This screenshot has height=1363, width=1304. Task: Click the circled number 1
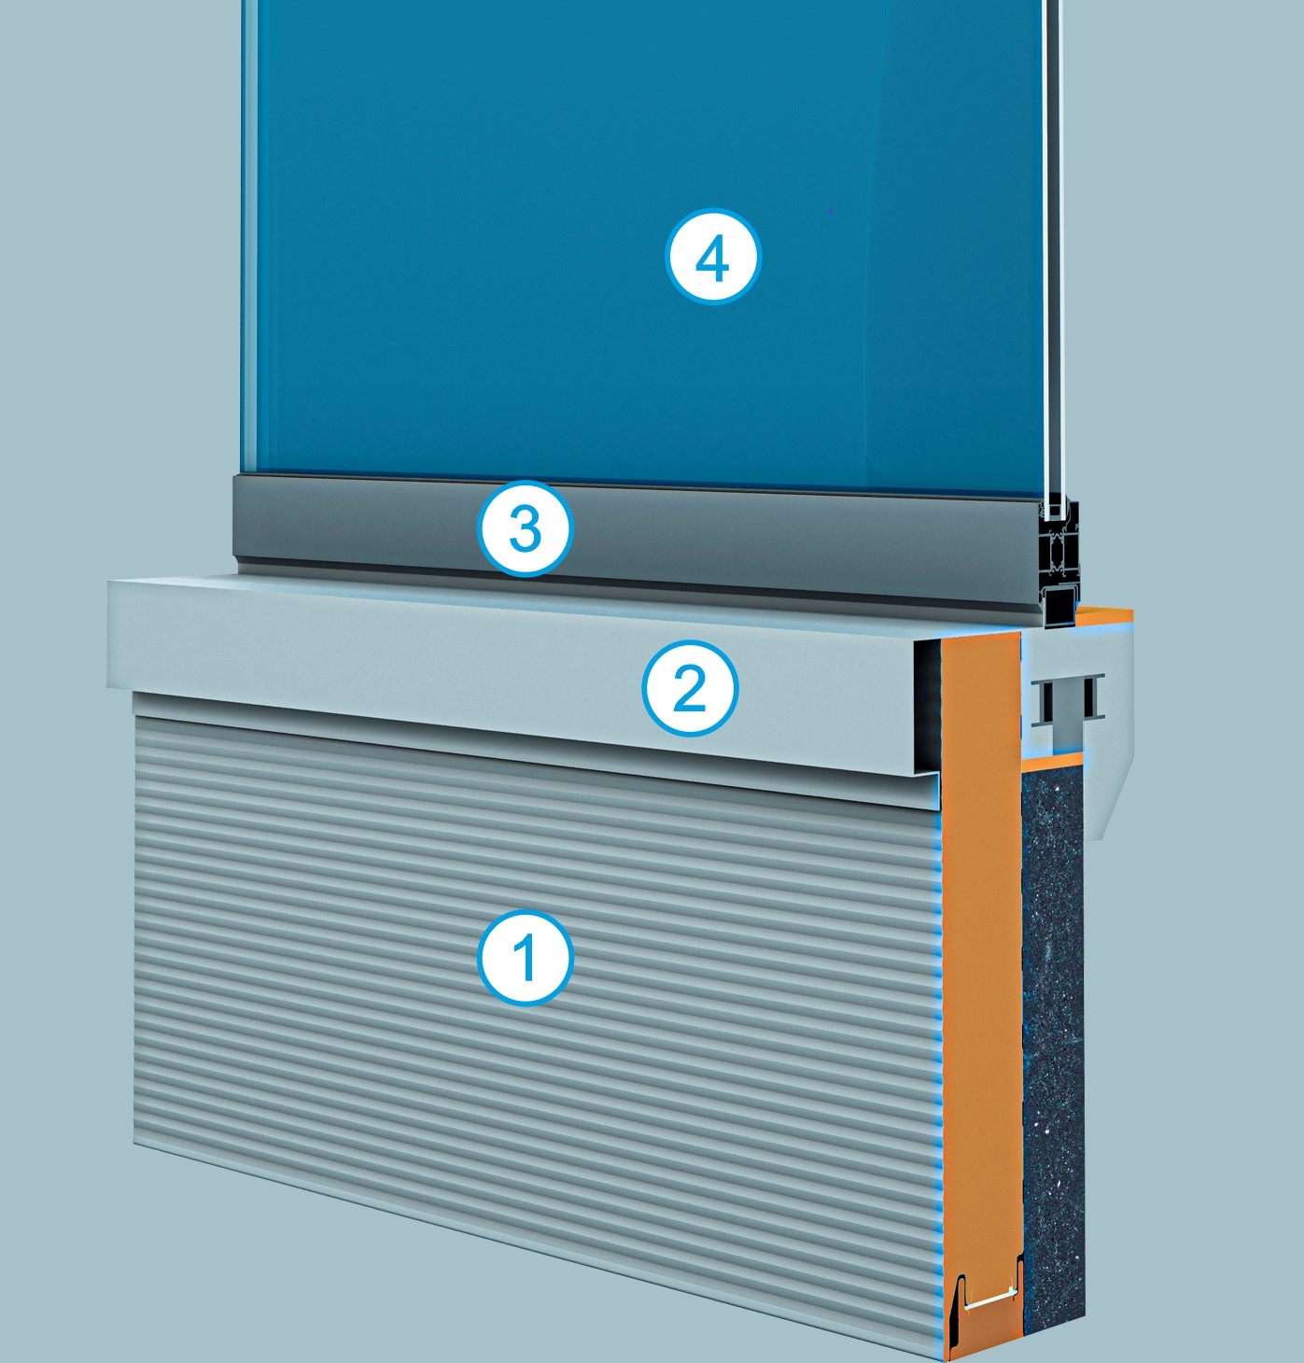point(525,958)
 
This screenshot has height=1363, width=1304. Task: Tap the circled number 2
point(691,689)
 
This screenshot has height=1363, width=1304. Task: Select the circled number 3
point(526,528)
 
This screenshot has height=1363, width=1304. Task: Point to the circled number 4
point(712,258)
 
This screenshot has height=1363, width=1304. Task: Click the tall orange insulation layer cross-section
point(980,980)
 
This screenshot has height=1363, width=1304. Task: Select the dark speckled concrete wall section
point(1053,1050)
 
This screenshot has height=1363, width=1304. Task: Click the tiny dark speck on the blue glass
point(830,210)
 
